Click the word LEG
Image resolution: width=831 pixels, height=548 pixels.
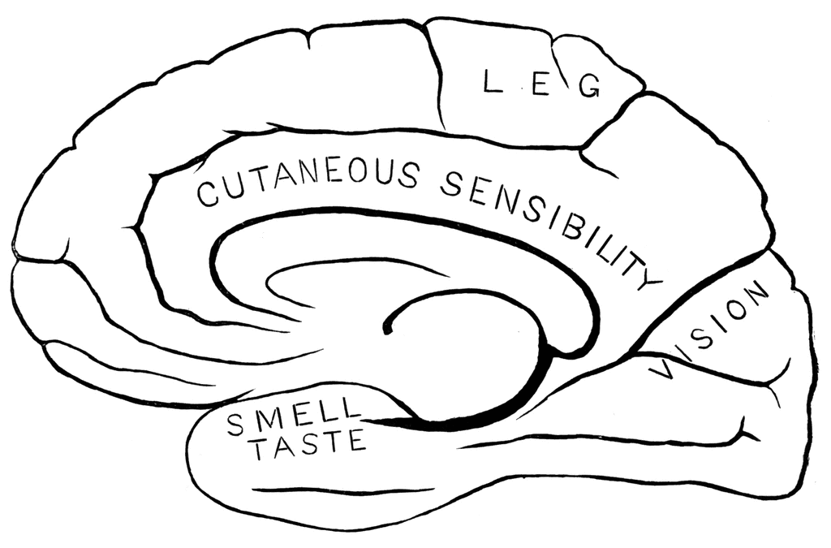tap(541, 84)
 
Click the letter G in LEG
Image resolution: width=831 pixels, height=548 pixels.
tap(589, 86)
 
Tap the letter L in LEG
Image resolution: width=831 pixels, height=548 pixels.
tap(493, 82)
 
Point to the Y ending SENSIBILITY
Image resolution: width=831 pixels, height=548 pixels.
tap(649, 278)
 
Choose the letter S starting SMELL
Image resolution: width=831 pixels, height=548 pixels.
tap(236, 425)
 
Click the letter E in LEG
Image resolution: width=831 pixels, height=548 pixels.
tap(540, 84)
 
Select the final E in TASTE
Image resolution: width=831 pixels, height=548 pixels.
tap(357, 439)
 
